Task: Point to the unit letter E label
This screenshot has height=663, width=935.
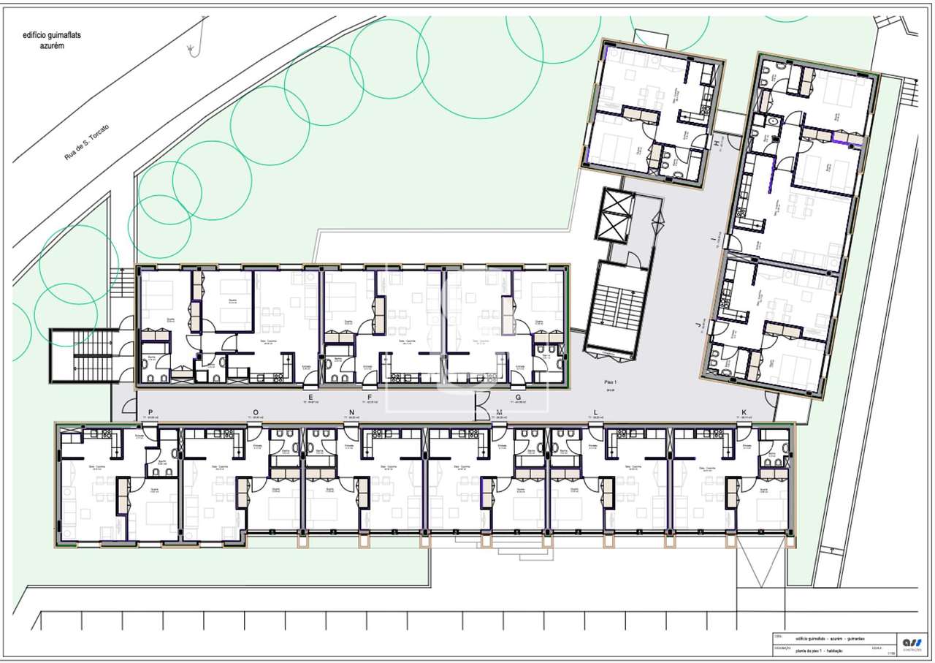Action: pos(310,397)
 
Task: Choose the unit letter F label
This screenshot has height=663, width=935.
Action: pos(370,397)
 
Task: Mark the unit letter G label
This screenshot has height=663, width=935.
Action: pos(517,397)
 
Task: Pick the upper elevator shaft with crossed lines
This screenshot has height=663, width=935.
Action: pos(613,213)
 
